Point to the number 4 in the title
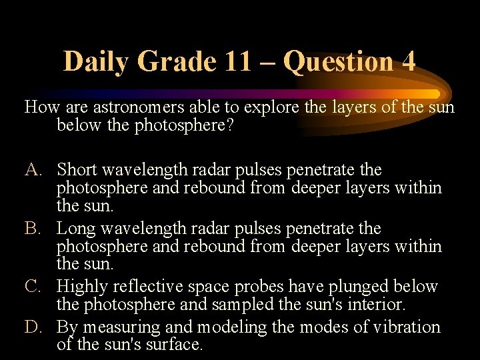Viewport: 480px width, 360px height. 408,61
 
